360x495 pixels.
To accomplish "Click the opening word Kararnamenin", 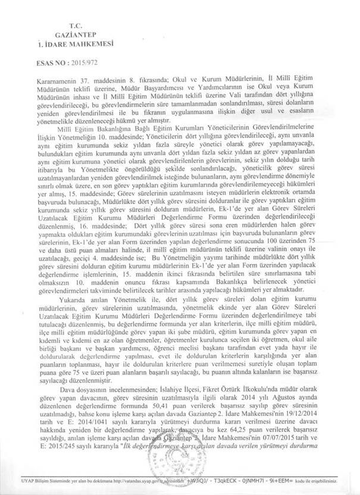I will coord(55,78).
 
